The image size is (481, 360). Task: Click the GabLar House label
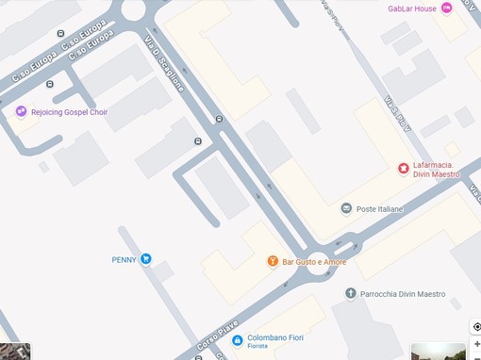point(412,8)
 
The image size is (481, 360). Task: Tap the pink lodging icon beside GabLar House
point(446,8)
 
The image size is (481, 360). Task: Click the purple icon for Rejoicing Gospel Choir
point(21,112)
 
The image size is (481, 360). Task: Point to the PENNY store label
point(124,259)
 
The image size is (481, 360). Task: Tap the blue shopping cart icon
point(146,259)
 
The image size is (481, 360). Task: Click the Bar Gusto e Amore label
point(314,261)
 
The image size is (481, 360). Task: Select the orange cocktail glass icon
point(273,261)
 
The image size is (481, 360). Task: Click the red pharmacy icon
point(404,169)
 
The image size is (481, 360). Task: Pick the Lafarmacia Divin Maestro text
point(436,170)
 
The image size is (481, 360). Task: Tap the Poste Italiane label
point(379,208)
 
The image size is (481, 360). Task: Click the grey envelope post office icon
point(346,208)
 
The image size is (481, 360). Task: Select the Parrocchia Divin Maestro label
point(402,294)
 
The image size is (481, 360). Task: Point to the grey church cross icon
point(351,294)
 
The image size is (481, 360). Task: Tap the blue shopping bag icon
point(238,338)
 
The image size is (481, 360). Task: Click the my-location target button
point(476,327)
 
